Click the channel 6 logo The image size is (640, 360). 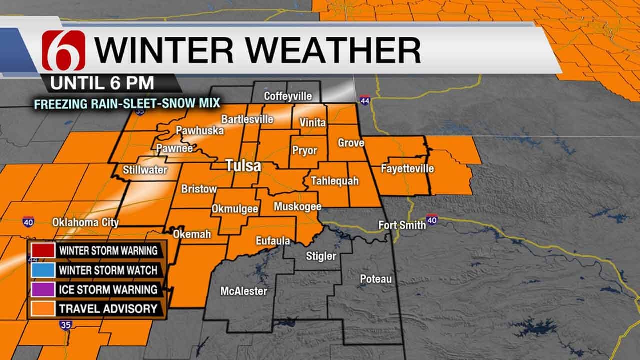click(63, 50)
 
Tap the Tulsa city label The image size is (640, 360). click(243, 166)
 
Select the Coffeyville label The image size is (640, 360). click(288, 96)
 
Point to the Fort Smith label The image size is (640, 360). click(402, 225)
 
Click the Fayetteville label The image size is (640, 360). click(407, 169)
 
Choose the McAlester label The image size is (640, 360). click(244, 291)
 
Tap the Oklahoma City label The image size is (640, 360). click(85, 222)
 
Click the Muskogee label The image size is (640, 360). click(297, 206)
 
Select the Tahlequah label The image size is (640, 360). click(335, 181)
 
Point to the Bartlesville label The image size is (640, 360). click(247, 119)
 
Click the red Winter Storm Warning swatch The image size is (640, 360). click(42, 250)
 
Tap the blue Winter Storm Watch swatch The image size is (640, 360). click(42, 270)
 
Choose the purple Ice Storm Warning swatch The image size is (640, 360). click(42, 289)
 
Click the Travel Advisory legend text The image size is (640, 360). click(108, 309)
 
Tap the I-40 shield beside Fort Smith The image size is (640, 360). click(432, 219)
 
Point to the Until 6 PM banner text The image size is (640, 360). click(102, 83)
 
